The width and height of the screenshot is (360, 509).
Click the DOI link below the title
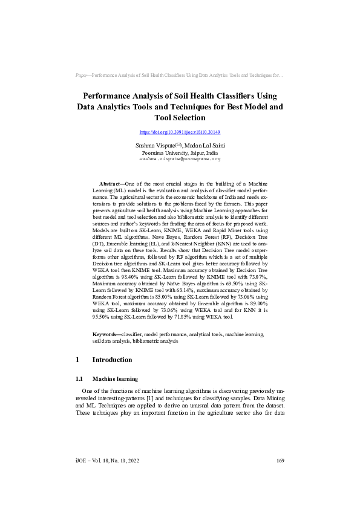(x=180, y=132)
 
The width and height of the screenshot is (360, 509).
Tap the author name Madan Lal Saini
(x=203, y=146)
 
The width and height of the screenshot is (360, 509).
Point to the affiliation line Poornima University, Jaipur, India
(x=180, y=153)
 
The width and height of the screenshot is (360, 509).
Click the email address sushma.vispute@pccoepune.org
(x=180, y=159)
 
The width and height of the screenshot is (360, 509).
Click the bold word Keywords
(x=105, y=334)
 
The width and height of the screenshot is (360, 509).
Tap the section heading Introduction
(x=112, y=360)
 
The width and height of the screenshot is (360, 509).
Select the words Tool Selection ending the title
(x=180, y=118)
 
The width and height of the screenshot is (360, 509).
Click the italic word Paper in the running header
(x=82, y=76)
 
